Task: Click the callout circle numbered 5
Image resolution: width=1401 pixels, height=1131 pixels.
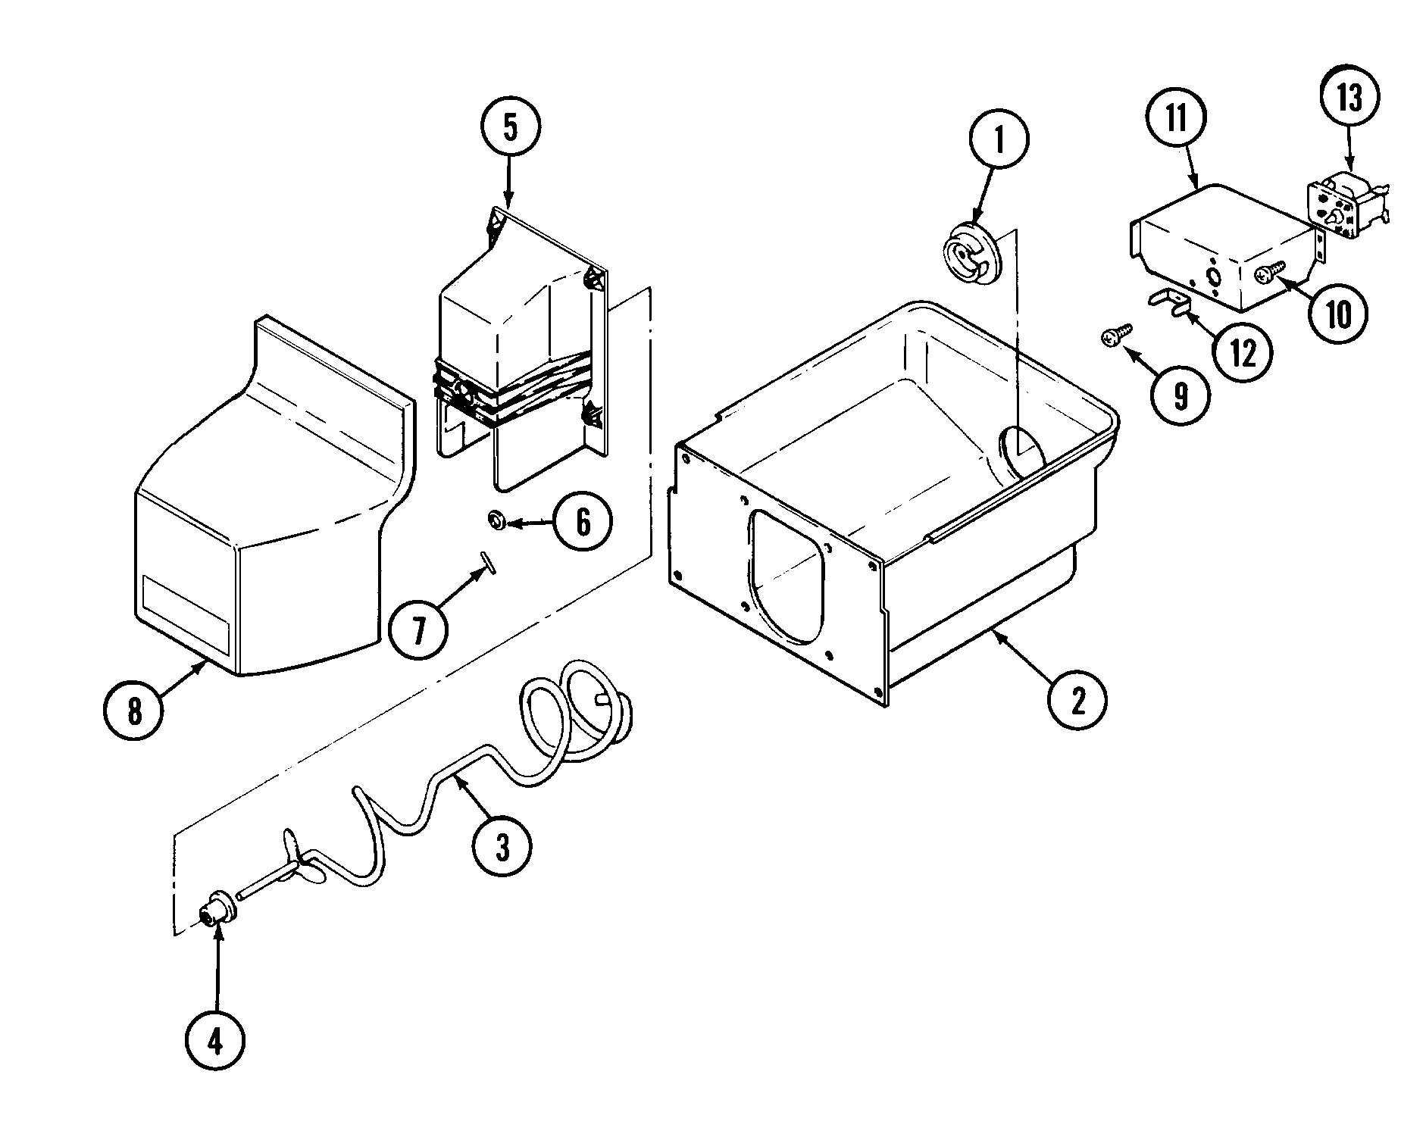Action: [x=511, y=129]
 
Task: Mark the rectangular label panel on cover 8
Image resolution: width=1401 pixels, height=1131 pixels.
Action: [x=184, y=608]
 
